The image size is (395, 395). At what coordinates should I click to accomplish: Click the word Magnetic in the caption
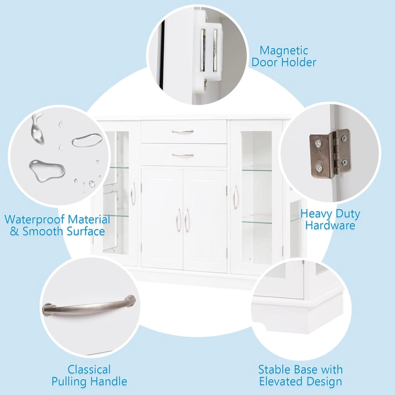[284, 51]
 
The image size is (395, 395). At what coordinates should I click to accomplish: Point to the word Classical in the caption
[89, 370]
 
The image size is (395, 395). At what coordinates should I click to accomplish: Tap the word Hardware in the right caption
[330, 225]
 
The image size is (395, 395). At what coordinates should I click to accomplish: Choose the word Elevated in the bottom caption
[280, 381]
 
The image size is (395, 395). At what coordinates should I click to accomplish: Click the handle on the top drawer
[182, 132]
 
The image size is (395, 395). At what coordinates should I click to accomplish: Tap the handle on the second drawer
[182, 155]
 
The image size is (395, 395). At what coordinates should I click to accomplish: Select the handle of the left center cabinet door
[178, 220]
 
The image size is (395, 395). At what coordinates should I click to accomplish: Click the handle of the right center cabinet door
[186, 220]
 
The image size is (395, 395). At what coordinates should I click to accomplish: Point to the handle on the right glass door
[235, 197]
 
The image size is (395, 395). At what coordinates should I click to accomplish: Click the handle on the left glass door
[133, 194]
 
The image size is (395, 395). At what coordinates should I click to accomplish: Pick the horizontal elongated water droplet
[87, 140]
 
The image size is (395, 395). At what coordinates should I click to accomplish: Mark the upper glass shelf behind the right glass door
[257, 170]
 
